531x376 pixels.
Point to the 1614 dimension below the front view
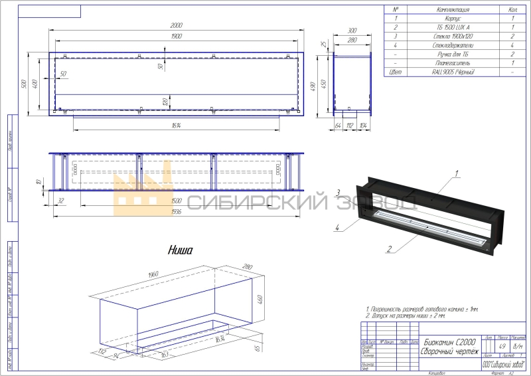click(176, 125)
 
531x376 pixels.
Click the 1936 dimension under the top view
click(177, 211)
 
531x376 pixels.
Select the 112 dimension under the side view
click(350, 125)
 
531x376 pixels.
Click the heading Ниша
click(179, 250)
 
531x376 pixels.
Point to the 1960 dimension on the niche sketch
click(154, 273)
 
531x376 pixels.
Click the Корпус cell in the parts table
click(452, 19)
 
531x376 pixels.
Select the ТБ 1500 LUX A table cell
click(452, 28)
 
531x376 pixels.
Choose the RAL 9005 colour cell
click(452, 71)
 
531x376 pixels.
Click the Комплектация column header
click(452, 10)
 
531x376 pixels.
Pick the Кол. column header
click(512, 10)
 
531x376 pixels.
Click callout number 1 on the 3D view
click(457, 173)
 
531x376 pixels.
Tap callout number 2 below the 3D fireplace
click(390, 250)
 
